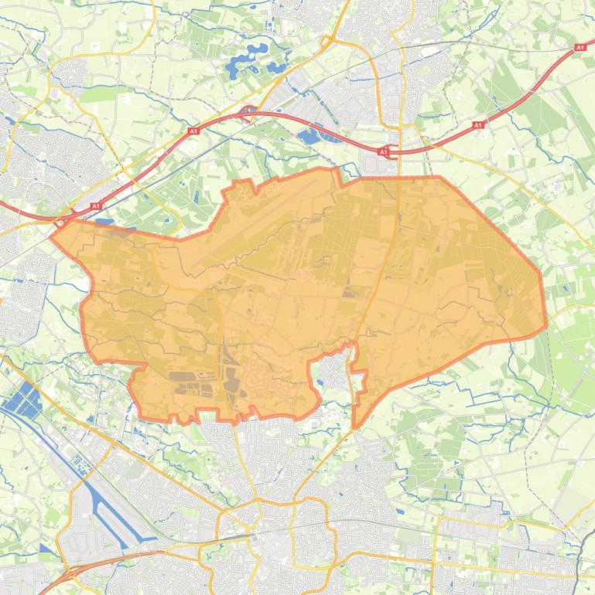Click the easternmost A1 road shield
pyautogui.click(x=580, y=48)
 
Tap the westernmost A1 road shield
pyautogui.click(x=96, y=206)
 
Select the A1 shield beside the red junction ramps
pyautogui.click(x=384, y=152)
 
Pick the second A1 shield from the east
pyautogui.click(x=477, y=124)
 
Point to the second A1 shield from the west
pyautogui.click(x=193, y=132)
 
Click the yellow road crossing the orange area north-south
pyautogui.click(x=394, y=255)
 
